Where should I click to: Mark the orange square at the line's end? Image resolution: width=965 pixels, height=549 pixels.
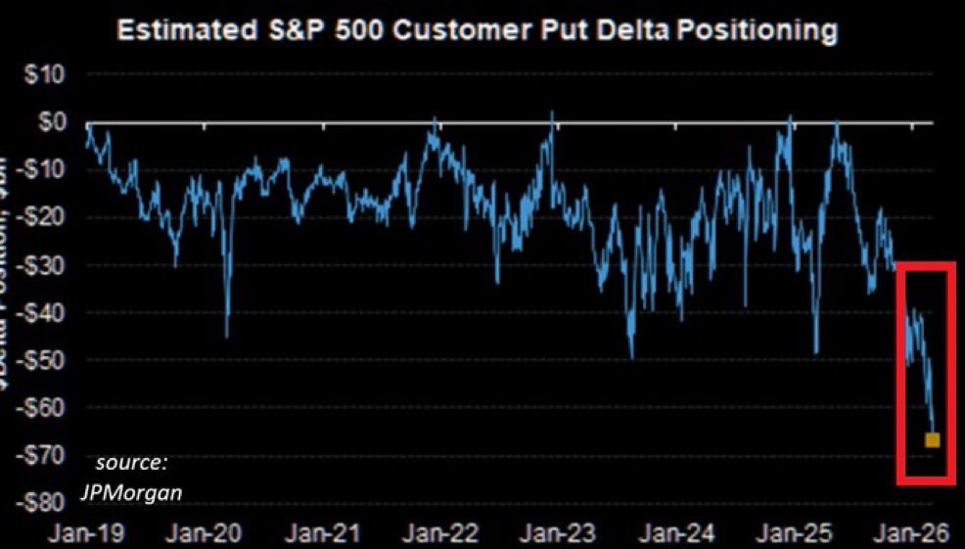point(932,440)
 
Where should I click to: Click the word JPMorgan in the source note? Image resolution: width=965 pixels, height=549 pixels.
point(131,491)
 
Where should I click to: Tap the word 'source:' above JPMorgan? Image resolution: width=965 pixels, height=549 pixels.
point(132,461)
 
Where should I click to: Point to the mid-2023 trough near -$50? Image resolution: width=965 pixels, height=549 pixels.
point(632,357)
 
